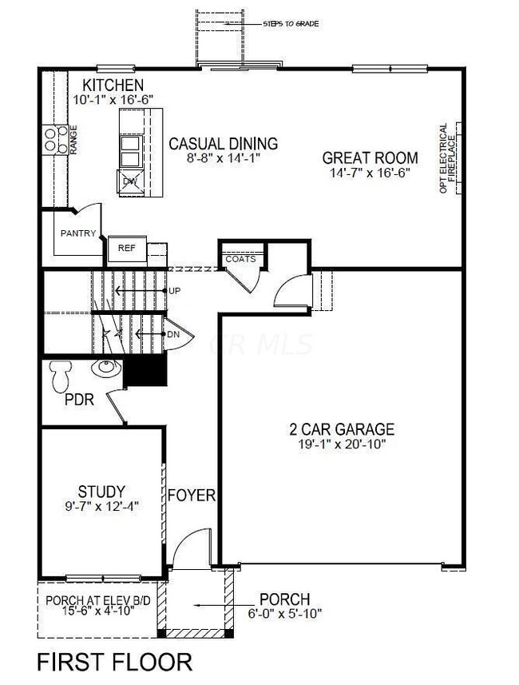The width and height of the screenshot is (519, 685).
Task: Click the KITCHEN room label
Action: click(x=114, y=85)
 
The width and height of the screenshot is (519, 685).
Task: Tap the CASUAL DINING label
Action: click(x=223, y=144)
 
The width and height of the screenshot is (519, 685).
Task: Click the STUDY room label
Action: click(x=101, y=490)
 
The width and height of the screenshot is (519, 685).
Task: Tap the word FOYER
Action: click(x=192, y=496)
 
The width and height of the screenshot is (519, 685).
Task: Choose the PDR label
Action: click(x=80, y=400)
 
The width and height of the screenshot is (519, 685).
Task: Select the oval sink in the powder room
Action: click(x=104, y=368)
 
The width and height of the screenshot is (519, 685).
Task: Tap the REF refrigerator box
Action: click(x=127, y=248)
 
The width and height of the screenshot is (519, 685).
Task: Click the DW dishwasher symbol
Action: click(x=130, y=182)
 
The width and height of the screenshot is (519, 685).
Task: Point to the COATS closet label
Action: click(x=240, y=259)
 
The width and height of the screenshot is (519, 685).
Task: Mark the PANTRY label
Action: click(x=78, y=233)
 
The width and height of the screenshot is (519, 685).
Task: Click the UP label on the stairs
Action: click(x=174, y=289)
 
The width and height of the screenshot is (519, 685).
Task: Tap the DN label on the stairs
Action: click(x=173, y=334)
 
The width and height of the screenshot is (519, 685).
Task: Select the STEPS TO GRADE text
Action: click(x=291, y=24)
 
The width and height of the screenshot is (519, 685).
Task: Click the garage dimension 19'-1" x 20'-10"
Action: click(x=341, y=444)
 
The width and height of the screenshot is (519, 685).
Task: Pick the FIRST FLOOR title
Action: click(x=115, y=662)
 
